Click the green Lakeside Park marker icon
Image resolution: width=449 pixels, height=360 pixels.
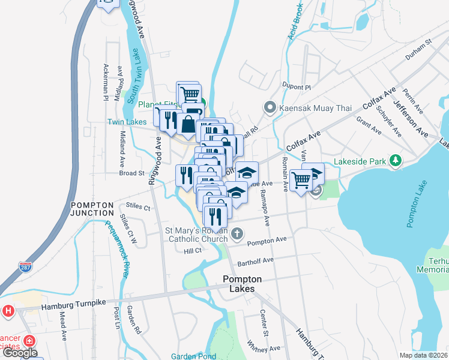click(x=395, y=160)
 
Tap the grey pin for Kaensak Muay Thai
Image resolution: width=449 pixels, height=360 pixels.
click(x=270, y=109)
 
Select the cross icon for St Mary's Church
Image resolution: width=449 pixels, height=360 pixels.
click(x=238, y=233)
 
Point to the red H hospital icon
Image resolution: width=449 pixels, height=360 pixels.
click(x=8, y=311)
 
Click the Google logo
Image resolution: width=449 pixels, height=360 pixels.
click(x=20, y=353)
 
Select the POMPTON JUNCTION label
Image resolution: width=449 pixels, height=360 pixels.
click(x=92, y=209)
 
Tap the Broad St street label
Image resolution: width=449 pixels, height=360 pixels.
click(x=132, y=173)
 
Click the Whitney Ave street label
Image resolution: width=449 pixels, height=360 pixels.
click(x=264, y=346)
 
